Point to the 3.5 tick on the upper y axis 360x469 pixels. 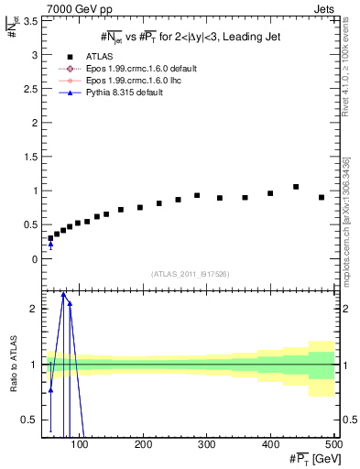click(31, 21)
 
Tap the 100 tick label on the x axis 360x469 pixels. click(80, 445)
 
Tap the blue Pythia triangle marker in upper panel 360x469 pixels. click(50, 244)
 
